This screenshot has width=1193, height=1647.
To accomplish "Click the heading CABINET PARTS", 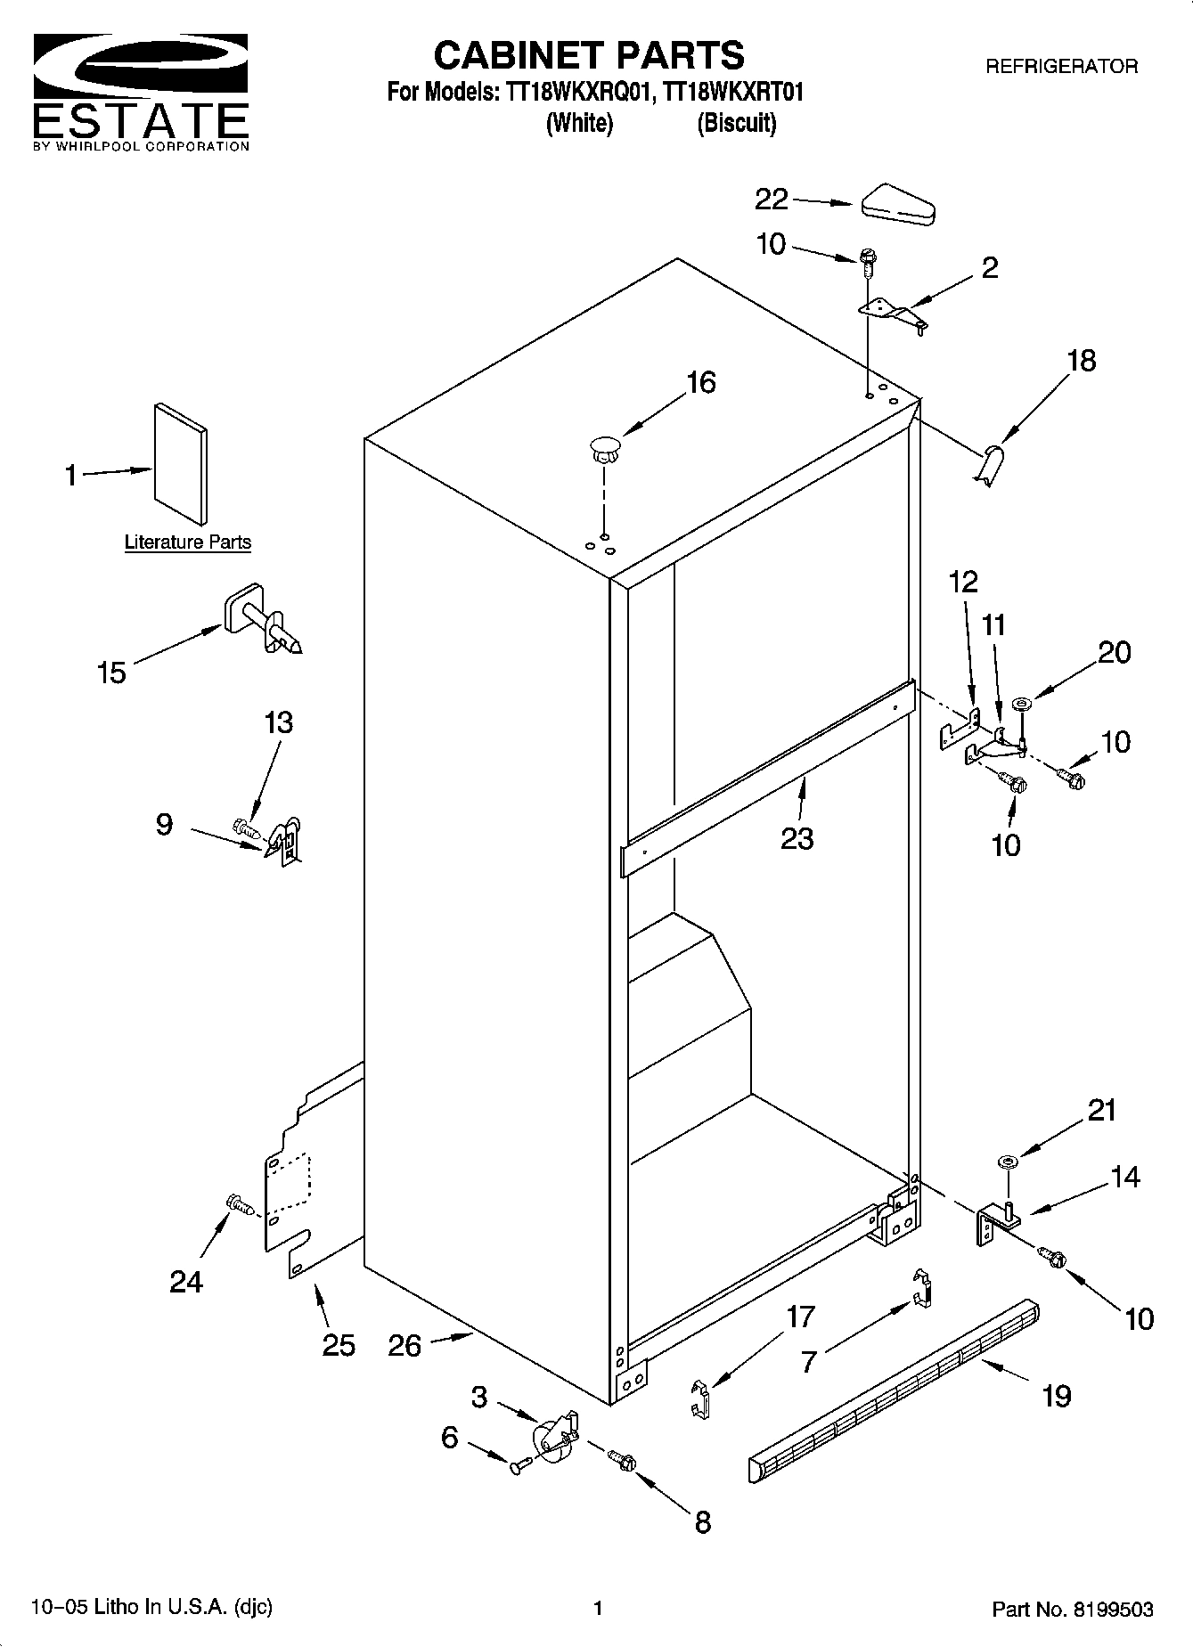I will pyautogui.click(x=588, y=55).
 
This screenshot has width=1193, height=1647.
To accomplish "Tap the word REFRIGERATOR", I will pyautogui.click(x=1060, y=67).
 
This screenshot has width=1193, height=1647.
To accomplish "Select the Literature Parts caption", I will pyautogui.click(x=187, y=542).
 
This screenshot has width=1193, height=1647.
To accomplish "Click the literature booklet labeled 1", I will pyautogui.click(x=181, y=463).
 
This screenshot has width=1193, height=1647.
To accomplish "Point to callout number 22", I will pyautogui.click(x=772, y=200).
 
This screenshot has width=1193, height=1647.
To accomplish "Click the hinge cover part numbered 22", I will pyautogui.click(x=897, y=205).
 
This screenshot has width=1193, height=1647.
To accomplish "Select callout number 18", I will pyautogui.click(x=1081, y=361).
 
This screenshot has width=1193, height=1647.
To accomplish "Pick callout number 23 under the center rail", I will pyautogui.click(x=797, y=838).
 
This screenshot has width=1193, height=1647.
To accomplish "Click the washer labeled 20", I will pyautogui.click(x=1021, y=706).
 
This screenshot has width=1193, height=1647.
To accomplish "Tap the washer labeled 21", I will pyautogui.click(x=1009, y=1162).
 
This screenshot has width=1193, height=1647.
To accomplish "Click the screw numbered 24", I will pyautogui.click(x=241, y=1204).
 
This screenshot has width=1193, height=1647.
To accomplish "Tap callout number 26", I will pyautogui.click(x=404, y=1344).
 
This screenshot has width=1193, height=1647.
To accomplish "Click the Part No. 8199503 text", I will pyautogui.click(x=1072, y=1610).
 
